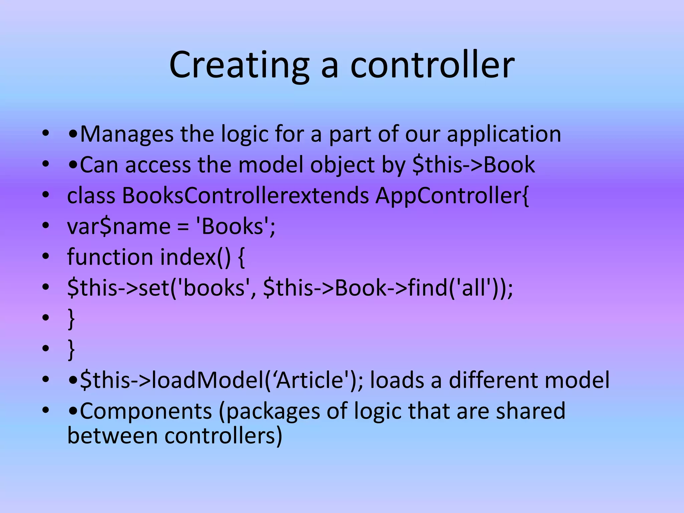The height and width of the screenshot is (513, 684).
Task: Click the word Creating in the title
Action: pyautogui.click(x=239, y=65)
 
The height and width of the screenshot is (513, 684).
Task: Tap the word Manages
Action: pyautogui.click(x=127, y=134)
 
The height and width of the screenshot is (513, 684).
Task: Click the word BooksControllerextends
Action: pyautogui.click(x=245, y=196)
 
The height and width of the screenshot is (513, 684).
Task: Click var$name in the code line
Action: pyautogui.click(x=119, y=226)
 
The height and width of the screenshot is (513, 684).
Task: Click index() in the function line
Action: pyautogui.click(x=195, y=257)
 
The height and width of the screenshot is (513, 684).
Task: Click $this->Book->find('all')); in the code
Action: pyautogui.click(x=388, y=288)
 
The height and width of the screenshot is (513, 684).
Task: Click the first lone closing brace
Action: pyautogui.click(x=71, y=319)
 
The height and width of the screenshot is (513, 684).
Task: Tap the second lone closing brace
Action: pyautogui.click(x=71, y=349)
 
